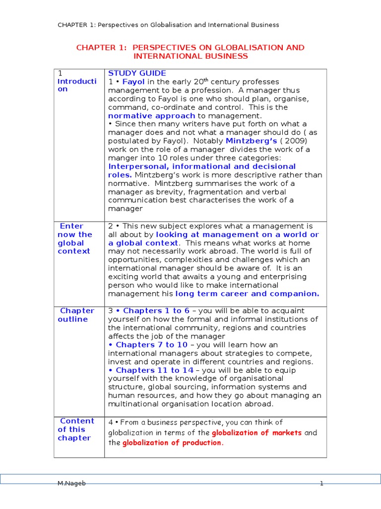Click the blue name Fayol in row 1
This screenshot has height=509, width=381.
(x=133, y=82)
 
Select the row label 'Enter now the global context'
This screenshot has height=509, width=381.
(x=75, y=239)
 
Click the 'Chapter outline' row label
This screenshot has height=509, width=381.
(x=76, y=315)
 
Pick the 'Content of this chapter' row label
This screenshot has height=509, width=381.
(x=75, y=429)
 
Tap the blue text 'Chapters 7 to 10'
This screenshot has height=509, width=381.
(x=151, y=345)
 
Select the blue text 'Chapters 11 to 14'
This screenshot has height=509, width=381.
(x=155, y=370)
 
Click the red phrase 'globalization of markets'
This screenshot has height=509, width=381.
(x=256, y=432)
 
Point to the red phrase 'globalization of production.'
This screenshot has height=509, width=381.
(x=173, y=443)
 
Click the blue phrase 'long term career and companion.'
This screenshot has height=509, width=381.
(x=247, y=294)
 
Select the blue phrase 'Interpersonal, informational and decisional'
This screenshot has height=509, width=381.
(x=202, y=167)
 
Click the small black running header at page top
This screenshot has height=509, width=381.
(x=168, y=25)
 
